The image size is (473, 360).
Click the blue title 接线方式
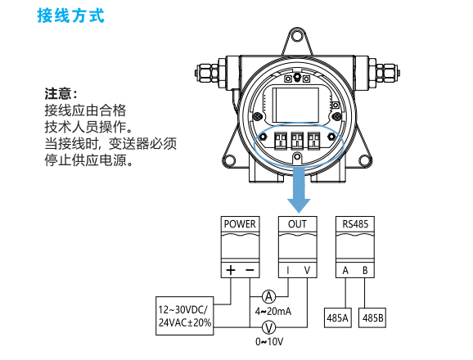pos(71,16)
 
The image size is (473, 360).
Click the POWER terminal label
pos(240,224)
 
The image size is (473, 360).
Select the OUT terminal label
pos(297,224)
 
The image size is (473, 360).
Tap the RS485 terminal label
pos(355,224)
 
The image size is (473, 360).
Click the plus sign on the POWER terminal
pos(231,270)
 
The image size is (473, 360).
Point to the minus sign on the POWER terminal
pos(250,270)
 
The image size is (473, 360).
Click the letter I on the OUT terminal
pos(288,271)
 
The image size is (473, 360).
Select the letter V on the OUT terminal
pos(307,271)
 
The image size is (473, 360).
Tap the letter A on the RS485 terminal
pos(345,271)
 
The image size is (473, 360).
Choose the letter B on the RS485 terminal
pos(365,271)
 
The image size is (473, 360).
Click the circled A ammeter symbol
pos(268,297)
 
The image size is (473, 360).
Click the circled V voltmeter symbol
pos(268,327)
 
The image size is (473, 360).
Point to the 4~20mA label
pos(273,311)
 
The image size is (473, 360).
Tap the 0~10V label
pos(269,342)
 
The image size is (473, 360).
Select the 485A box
pos(337,317)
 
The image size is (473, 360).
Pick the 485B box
pos(372,317)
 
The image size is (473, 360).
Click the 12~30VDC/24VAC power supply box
pos(185,316)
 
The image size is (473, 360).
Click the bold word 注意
pos(58,94)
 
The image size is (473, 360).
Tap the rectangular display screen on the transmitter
pos(295,105)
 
